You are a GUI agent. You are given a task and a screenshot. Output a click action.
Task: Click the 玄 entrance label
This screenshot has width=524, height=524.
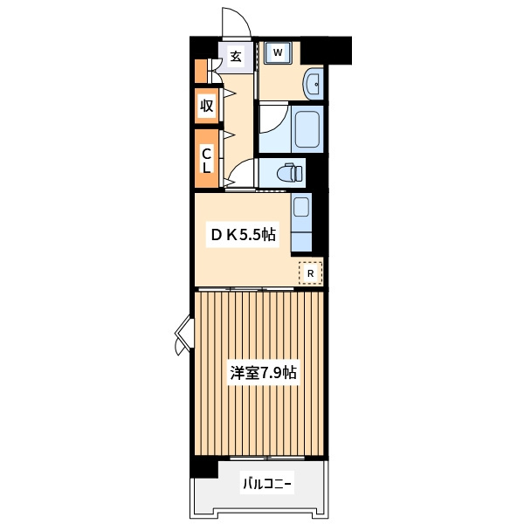point(236,56)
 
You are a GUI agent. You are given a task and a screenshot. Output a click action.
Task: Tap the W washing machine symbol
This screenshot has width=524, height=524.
point(278,52)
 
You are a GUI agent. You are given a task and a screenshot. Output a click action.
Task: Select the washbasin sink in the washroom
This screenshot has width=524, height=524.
point(313,84)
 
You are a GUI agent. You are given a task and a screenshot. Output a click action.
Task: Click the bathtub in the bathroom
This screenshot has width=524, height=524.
point(307,129)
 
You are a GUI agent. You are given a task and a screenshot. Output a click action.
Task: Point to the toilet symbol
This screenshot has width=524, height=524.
point(289,173)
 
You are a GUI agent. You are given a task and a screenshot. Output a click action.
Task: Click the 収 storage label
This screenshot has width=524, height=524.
point(207,106)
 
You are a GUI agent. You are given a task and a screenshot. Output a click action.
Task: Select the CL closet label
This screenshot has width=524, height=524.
point(207,160)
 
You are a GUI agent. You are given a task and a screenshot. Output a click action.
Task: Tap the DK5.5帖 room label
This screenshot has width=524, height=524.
point(243,235)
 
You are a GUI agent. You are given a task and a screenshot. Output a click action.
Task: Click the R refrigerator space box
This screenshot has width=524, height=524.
point(310,273)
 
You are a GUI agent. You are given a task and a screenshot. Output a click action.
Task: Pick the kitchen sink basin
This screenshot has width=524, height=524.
point(301,207)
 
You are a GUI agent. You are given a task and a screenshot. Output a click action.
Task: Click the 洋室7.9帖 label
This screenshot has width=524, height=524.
point(263,373)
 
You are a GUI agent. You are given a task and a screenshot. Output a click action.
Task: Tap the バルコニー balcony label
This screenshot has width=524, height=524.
point(266,484)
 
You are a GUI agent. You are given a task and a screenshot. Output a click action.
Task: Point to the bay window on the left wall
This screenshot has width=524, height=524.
point(183,334)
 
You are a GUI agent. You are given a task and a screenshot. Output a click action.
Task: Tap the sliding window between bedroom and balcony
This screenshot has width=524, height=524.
point(267,458)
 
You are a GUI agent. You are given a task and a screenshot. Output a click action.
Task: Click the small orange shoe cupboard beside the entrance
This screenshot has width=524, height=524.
point(201,71)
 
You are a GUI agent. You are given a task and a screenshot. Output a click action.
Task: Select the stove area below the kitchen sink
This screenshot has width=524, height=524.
point(301,241)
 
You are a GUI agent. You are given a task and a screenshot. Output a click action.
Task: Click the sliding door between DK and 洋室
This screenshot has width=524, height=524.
point(246,289)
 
